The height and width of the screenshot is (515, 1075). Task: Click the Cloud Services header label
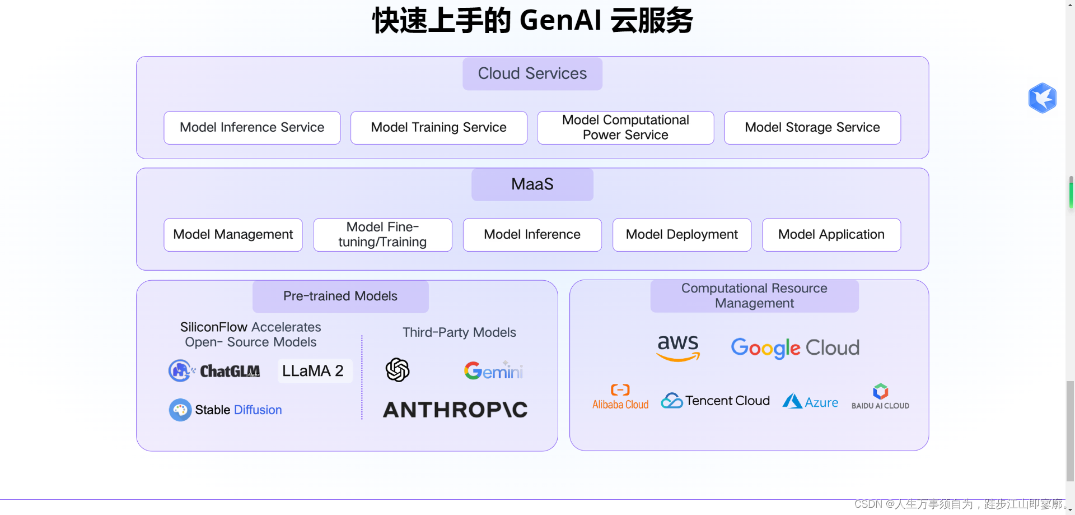click(x=532, y=73)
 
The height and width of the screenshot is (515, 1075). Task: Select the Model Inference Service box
click(x=252, y=128)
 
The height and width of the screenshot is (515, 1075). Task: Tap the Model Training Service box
click(x=438, y=128)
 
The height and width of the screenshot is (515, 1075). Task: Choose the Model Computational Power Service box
click(x=625, y=128)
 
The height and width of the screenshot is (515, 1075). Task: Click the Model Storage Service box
click(x=812, y=128)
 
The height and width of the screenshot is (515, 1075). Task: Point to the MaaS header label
click(x=532, y=184)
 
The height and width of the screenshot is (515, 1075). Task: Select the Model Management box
click(x=233, y=235)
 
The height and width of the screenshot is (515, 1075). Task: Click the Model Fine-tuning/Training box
click(x=382, y=235)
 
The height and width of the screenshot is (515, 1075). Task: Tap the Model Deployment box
click(x=681, y=235)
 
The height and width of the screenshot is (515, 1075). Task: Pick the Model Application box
click(x=831, y=235)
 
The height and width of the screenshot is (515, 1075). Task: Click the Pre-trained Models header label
click(x=340, y=296)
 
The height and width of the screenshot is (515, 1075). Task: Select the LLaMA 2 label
click(x=314, y=371)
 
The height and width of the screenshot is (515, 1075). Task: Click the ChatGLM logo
click(x=214, y=371)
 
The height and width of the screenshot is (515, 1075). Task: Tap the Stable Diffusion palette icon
click(x=180, y=410)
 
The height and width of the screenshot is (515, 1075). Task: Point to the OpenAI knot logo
click(x=398, y=370)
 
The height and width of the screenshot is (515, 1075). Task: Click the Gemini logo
click(x=493, y=370)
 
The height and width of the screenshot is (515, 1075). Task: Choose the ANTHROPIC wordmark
click(x=455, y=410)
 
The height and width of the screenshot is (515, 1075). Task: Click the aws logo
click(x=678, y=347)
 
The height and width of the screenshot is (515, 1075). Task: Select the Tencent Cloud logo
click(x=715, y=401)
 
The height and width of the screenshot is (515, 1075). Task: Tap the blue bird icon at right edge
click(x=1042, y=98)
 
